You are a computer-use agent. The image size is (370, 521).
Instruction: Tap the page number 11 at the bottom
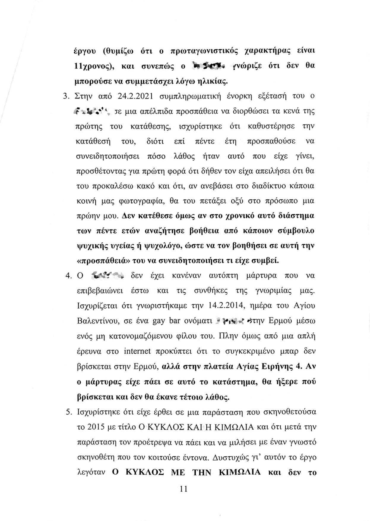184,489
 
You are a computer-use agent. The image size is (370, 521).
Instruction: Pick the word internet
137,351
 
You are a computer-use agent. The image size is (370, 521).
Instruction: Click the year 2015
95,428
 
